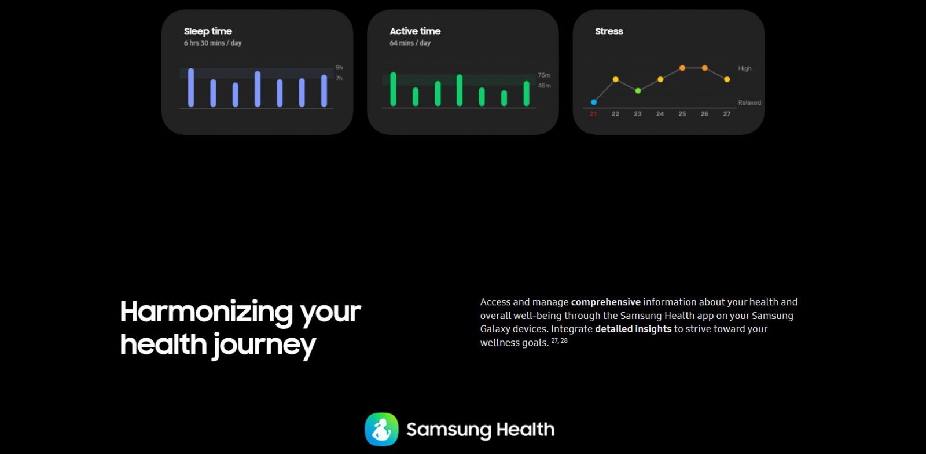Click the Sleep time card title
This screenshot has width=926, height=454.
[x=208, y=31]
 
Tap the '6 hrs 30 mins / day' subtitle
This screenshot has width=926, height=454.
[x=212, y=43]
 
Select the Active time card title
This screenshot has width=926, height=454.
[x=415, y=31]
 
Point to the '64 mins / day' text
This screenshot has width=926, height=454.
[x=410, y=43]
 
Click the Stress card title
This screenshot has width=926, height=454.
[x=609, y=31]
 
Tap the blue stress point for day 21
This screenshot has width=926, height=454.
[x=594, y=102]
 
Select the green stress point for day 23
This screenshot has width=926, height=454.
[x=638, y=90]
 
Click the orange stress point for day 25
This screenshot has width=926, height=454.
[x=682, y=68]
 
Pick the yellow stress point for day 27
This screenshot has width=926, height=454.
[x=727, y=79]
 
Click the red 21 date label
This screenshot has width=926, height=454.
[x=593, y=114]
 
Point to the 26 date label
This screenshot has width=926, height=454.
[x=704, y=114]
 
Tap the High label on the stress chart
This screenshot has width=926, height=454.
[x=745, y=69]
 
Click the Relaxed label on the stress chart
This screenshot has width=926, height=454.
[x=749, y=102]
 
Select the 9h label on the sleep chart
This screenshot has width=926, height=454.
[x=339, y=68]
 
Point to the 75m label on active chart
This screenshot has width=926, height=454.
[x=544, y=75]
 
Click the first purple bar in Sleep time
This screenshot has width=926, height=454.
[x=191, y=87]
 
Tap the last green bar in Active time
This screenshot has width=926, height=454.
[x=526, y=93]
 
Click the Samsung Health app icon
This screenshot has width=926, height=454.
[x=381, y=429]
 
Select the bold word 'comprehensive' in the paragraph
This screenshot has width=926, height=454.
[x=605, y=302]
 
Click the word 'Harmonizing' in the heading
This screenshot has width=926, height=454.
[x=207, y=312]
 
